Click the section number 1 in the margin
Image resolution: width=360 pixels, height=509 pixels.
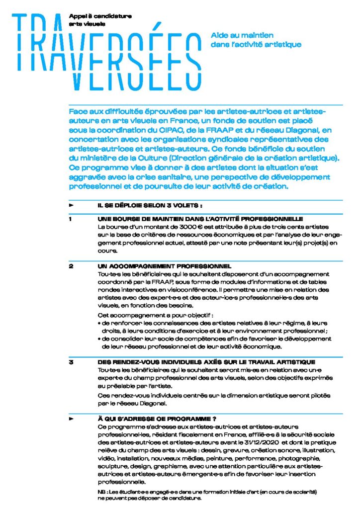[71, 219]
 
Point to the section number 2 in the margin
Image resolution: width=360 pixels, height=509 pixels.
[71, 267]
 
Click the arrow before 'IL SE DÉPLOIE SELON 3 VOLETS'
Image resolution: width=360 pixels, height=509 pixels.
[71, 205]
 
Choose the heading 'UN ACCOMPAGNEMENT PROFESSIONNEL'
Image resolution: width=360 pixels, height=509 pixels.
[165, 267]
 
